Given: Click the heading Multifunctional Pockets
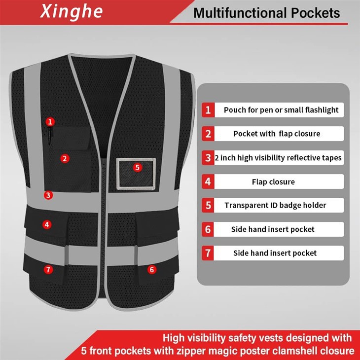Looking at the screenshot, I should click(x=266, y=13).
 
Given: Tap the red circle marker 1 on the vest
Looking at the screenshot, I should click(x=50, y=121).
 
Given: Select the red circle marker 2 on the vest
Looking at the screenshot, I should click(x=64, y=158).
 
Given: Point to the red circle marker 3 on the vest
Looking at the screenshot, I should click(x=48, y=195).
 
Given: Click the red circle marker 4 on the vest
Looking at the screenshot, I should click(x=47, y=224).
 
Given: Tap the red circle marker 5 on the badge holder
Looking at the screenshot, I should click(x=137, y=167).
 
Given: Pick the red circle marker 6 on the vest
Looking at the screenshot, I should click(x=151, y=269).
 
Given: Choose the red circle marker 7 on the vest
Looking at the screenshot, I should click(x=48, y=269).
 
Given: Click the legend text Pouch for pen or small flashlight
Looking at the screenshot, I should click(x=281, y=110).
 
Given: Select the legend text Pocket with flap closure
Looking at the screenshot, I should click(x=277, y=134).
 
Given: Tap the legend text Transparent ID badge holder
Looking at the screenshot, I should click(x=275, y=205).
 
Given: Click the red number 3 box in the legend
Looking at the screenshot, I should click(x=208, y=158).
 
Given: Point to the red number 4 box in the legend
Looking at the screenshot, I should click(x=208, y=181).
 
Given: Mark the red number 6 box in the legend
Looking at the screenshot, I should click(x=208, y=229).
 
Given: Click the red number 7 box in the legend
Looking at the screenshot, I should click(x=208, y=253).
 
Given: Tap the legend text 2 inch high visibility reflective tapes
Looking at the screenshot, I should click(x=278, y=158).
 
